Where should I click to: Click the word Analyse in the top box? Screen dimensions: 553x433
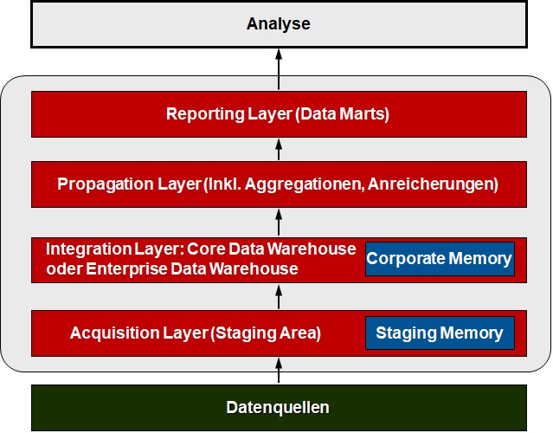pyautogui.click(x=279, y=24)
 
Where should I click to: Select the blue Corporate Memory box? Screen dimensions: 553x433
pyautogui.click(x=440, y=259)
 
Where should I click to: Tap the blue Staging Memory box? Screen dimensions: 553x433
pyautogui.click(x=440, y=333)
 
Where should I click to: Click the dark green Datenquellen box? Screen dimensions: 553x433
pyautogui.click(x=279, y=408)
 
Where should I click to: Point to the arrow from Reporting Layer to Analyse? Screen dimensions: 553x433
pyautogui.click(x=279, y=69)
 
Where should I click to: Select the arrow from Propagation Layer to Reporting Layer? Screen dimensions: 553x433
pyautogui.click(x=279, y=149)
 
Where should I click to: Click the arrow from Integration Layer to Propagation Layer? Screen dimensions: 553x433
pyautogui.click(x=279, y=222)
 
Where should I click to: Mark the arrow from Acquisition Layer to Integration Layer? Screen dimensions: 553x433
pyautogui.click(x=279, y=297)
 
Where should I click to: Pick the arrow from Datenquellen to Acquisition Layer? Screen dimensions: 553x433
pyautogui.click(x=279, y=370)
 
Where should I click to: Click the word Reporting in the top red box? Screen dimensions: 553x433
pyautogui.click(x=205, y=114)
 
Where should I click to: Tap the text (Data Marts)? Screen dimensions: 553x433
pyautogui.click(x=342, y=114)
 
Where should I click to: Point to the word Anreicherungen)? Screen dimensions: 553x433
pyautogui.click(x=433, y=184)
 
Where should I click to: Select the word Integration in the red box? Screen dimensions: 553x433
pyautogui.click(x=89, y=249)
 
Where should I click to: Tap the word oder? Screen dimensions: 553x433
pyautogui.click(x=64, y=269)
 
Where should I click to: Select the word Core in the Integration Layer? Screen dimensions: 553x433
pyautogui.click(x=206, y=249)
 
